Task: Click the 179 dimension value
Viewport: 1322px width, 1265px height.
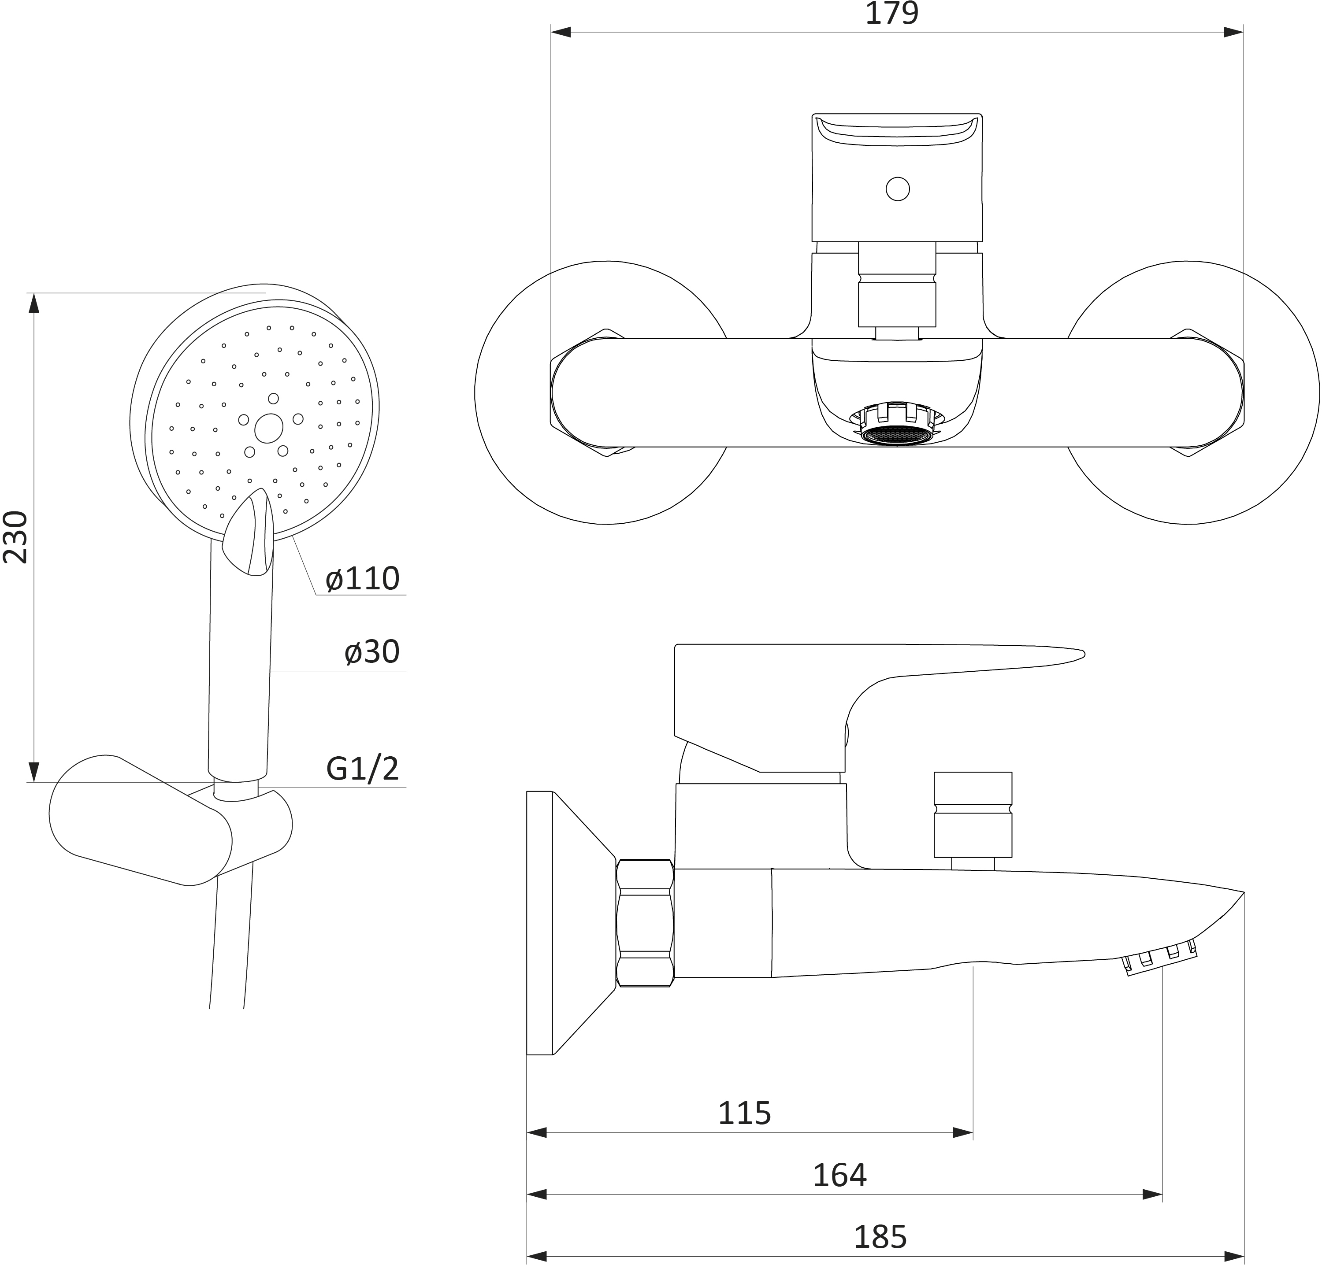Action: pos(891,14)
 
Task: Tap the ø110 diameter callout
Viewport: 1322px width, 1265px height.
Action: pos(363,579)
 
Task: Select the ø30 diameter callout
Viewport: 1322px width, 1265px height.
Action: pos(371,652)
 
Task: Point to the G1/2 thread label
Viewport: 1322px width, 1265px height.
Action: pos(362,768)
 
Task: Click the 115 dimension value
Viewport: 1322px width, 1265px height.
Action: pos(744,1113)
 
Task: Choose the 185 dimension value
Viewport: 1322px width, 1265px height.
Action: pos(880,1237)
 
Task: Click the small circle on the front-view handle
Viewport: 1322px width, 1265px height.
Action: pos(898,189)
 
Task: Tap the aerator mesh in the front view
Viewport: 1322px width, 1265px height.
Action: pos(897,435)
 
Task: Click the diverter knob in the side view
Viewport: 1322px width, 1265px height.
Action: pos(973,814)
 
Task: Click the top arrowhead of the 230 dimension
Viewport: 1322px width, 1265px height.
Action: pos(34,303)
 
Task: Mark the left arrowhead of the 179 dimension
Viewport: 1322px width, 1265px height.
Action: pos(561,32)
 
